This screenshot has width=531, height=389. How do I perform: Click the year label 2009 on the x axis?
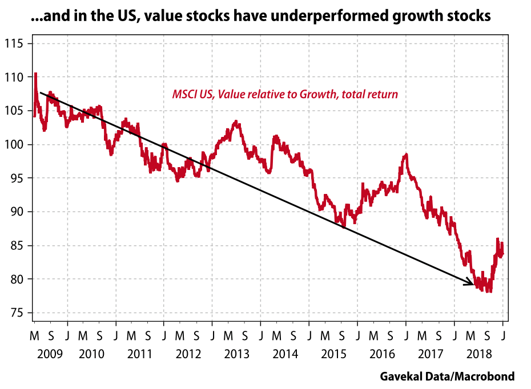(51, 354)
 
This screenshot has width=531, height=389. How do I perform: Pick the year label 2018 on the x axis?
(478, 354)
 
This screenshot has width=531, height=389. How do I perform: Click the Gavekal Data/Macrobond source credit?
(447, 376)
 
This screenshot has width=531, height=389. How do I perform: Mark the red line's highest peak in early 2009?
(35, 74)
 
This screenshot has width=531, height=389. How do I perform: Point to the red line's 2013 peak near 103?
(236, 121)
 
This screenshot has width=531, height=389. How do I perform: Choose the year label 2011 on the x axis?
(139, 354)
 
